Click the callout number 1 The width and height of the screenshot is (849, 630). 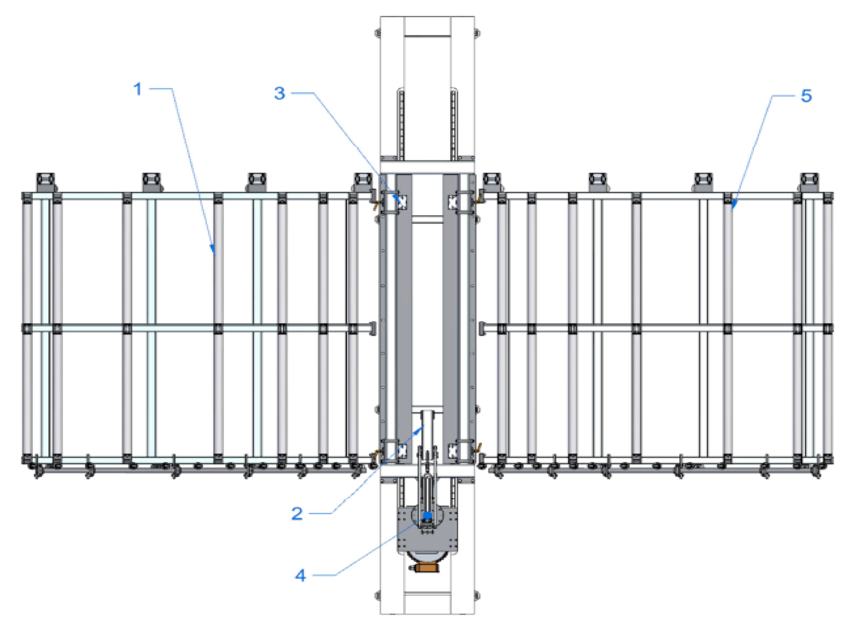pyautogui.click(x=138, y=89)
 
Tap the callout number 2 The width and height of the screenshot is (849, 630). pyautogui.click(x=297, y=514)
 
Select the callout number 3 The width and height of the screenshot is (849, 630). pyautogui.click(x=280, y=93)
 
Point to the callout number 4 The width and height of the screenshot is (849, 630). pyautogui.click(x=300, y=576)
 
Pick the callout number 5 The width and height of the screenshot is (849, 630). pyautogui.click(x=806, y=96)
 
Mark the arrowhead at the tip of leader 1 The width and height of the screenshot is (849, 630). pyautogui.click(x=213, y=250)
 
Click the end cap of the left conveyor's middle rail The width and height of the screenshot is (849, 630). pyautogui.click(x=372, y=328)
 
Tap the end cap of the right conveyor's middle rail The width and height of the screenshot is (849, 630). pyautogui.click(x=482, y=328)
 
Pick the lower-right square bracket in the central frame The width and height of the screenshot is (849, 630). pyautogui.click(x=453, y=450)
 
